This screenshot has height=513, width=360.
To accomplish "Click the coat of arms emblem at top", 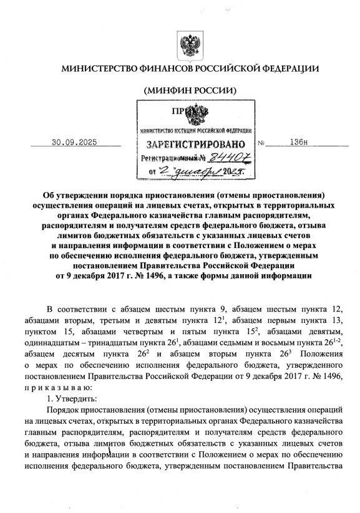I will pos(189,46).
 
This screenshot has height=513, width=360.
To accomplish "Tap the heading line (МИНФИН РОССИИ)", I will pos(190,89).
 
